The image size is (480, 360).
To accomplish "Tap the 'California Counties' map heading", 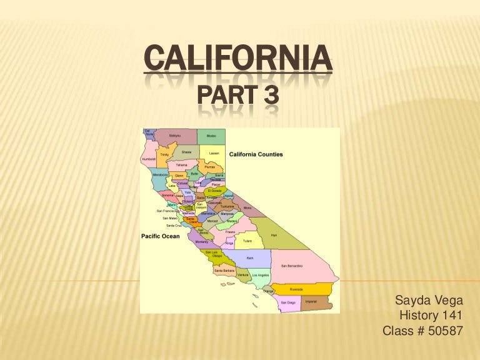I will pos(256,154).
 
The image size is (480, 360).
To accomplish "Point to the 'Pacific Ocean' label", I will pos(160,236).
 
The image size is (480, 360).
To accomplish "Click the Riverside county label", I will pos(296,289).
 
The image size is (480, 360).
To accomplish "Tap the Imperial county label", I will pos(310,302).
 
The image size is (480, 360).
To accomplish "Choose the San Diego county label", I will pos(287,302).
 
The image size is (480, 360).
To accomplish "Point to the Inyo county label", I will pos(274,235).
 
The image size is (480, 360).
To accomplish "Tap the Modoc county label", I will pos(211,135).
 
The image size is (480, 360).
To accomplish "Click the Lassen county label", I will pos(214,153).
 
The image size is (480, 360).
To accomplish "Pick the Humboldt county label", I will pos(149,159).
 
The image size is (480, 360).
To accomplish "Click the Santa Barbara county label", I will pos(224,270).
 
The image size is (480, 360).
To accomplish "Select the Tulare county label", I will pos(247,239).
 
